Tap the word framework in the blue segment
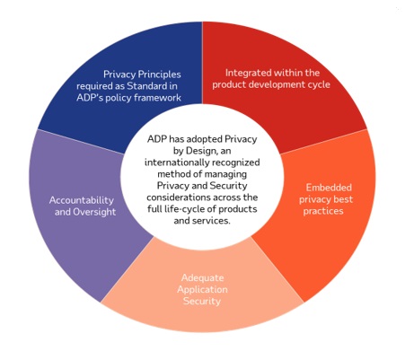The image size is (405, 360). [x=157, y=98]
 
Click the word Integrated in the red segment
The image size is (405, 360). [x=248, y=74]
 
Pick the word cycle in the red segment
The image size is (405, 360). [x=317, y=85]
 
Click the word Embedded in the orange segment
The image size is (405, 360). [x=329, y=188]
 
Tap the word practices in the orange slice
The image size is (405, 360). [x=323, y=211]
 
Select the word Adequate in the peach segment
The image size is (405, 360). [x=202, y=278]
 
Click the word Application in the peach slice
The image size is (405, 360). [x=202, y=290]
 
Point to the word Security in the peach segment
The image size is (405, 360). [x=202, y=301]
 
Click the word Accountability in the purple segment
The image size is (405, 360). [x=82, y=200]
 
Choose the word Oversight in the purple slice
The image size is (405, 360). [x=94, y=212]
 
